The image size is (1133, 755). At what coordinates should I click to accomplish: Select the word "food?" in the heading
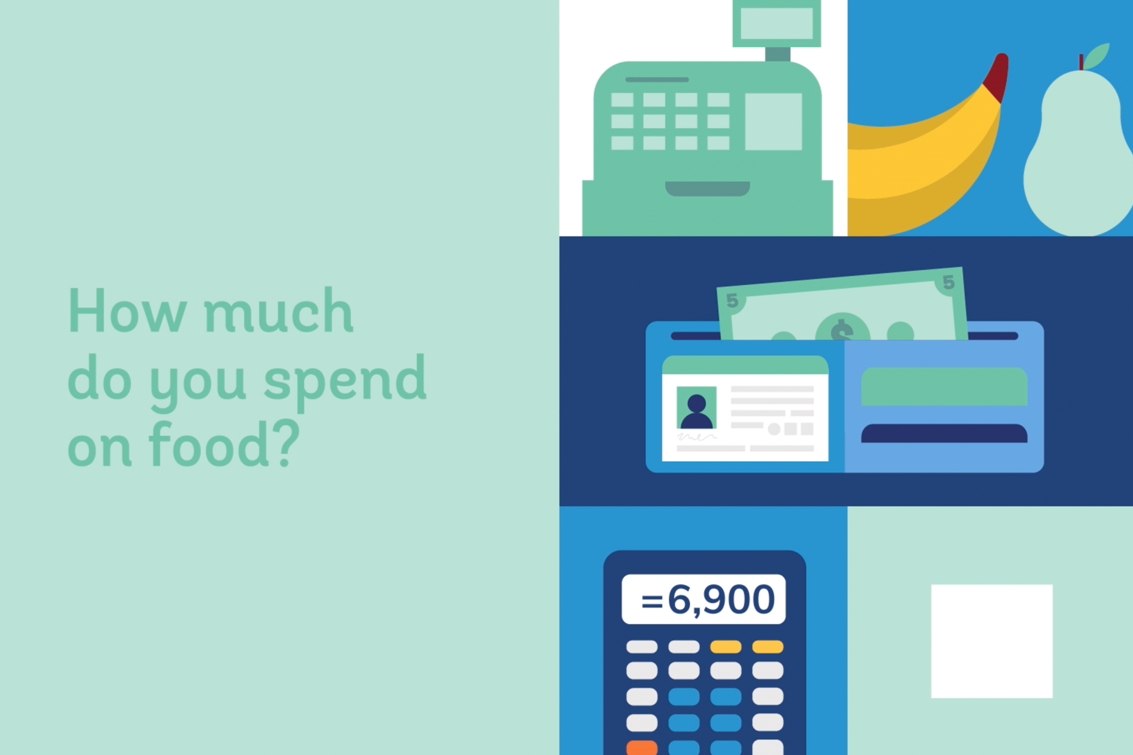click(224, 444)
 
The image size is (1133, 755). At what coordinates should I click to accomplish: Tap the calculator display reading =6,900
click(703, 599)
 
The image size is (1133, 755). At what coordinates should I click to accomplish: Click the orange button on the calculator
click(641, 747)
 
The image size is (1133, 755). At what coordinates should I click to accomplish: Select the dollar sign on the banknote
click(842, 330)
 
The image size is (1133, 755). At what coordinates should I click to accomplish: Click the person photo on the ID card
click(696, 408)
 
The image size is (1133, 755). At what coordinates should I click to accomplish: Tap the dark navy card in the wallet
click(944, 433)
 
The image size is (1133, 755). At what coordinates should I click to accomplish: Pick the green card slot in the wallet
click(944, 386)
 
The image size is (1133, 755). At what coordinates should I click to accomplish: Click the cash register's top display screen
click(777, 23)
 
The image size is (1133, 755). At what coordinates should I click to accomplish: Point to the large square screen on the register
click(774, 122)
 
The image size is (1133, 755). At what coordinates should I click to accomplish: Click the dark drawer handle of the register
click(708, 189)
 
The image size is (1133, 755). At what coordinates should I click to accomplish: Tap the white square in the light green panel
click(992, 641)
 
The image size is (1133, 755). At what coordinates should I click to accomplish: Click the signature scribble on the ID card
click(697, 437)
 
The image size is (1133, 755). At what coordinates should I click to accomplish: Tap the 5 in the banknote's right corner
click(948, 283)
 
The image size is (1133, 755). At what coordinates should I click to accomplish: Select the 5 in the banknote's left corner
click(732, 301)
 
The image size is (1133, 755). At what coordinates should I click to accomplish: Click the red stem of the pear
click(1081, 62)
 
